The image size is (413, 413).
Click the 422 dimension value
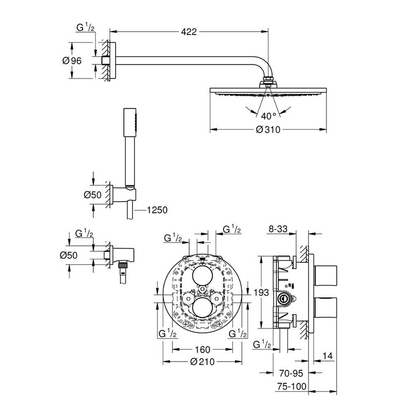pos(189,32)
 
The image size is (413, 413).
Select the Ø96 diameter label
pos(72,61)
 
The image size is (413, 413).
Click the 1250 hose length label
pos(156,210)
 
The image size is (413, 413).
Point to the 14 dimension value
pos(327,356)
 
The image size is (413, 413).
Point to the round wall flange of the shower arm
pos(113,60)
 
